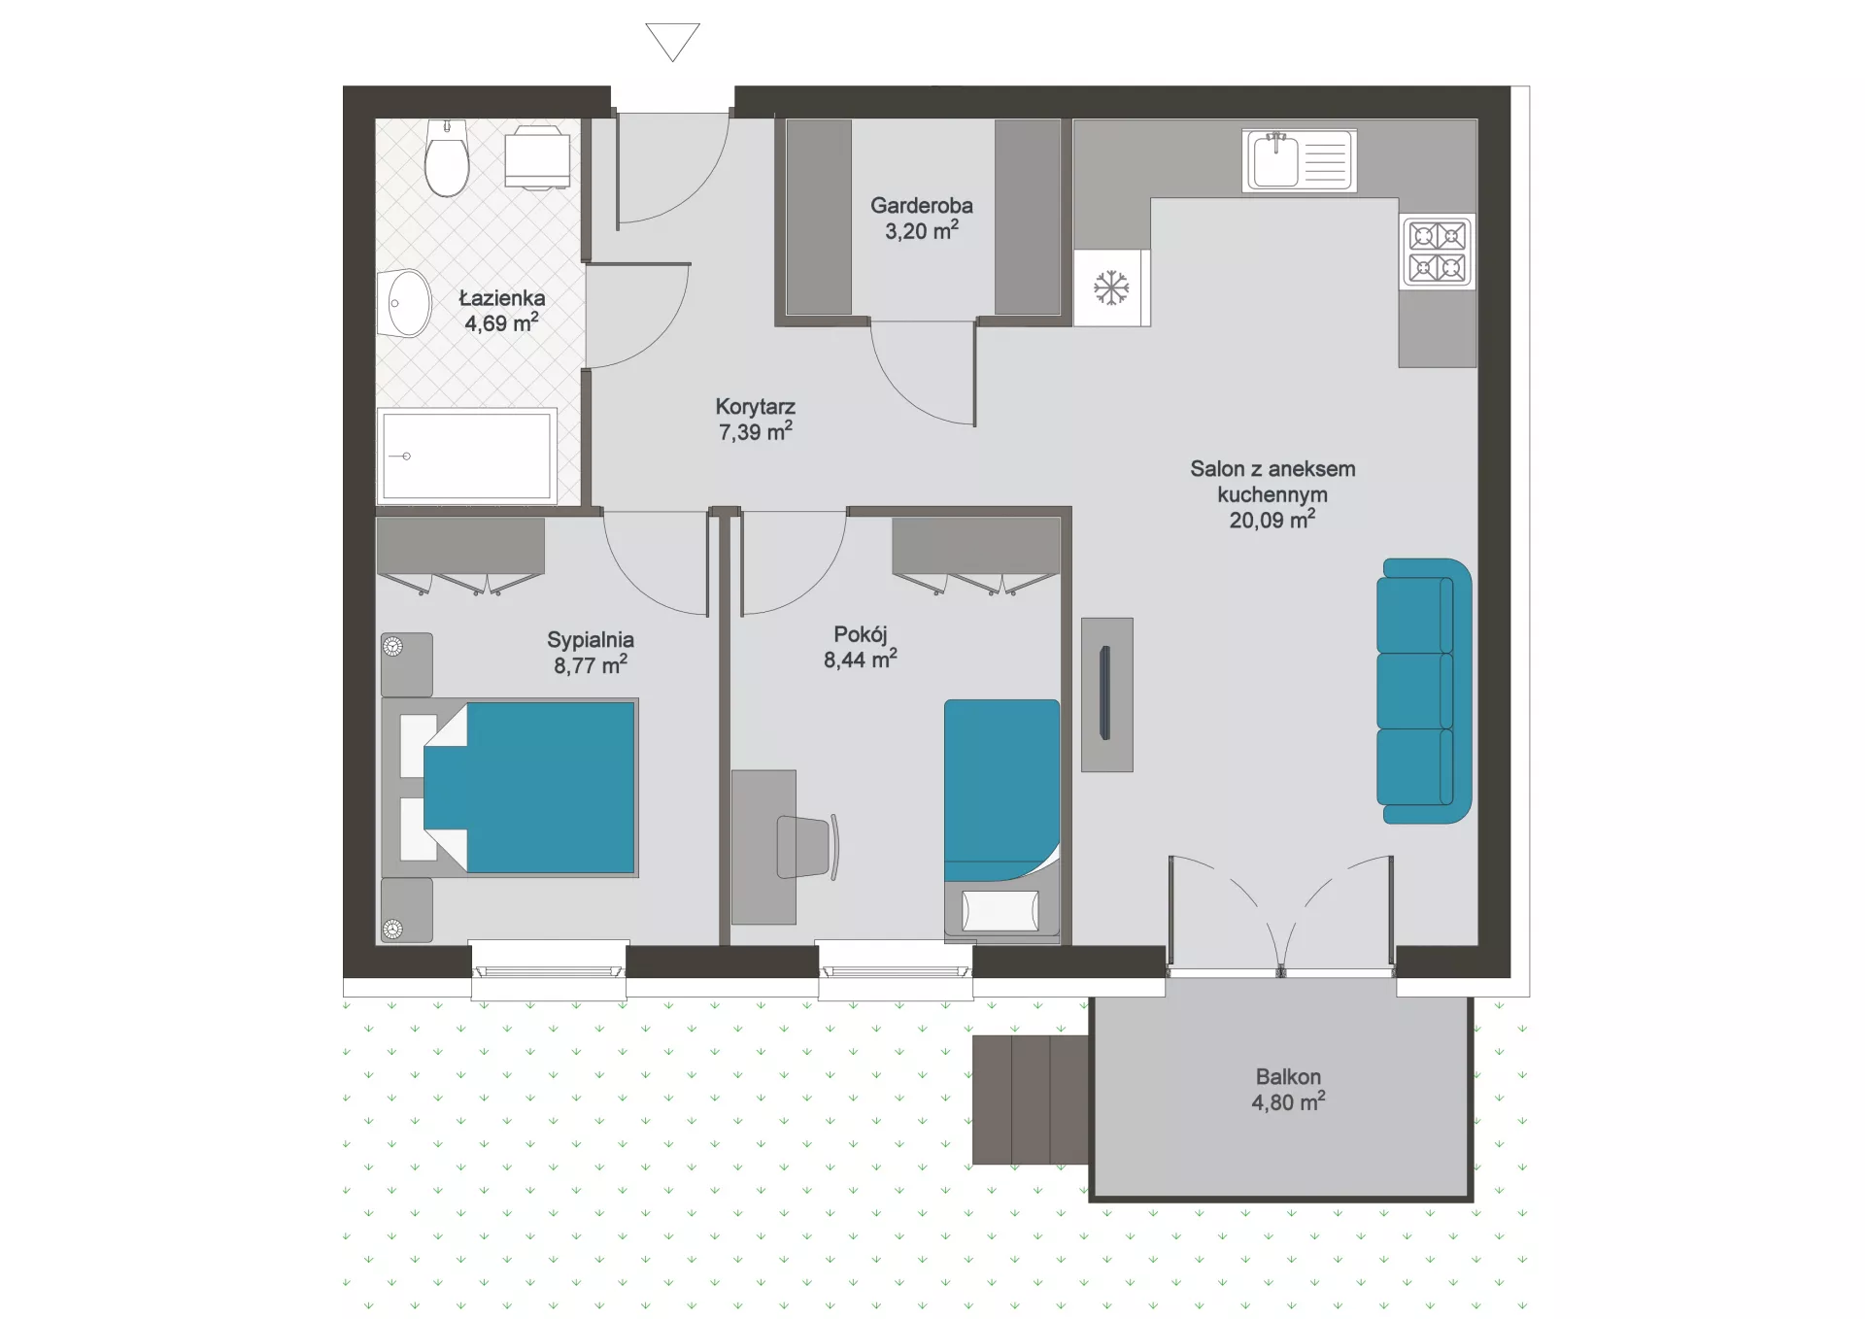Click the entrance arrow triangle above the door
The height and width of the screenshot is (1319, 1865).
pos(672,41)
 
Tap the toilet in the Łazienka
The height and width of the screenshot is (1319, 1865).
pos(447,158)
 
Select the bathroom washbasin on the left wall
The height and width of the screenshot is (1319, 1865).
pos(405,303)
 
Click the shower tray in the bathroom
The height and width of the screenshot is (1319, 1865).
pos(467,456)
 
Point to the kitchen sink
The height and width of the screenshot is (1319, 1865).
pos(1300,160)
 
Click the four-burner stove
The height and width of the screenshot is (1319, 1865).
pos(1438,251)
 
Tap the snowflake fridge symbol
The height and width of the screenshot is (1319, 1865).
pos(1111,287)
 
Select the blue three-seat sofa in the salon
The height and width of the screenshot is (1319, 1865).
pos(1424,691)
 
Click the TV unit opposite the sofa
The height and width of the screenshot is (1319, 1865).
pos(1107,694)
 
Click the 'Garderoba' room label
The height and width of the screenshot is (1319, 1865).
pos(922,205)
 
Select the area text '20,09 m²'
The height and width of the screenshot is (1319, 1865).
pos(1272,520)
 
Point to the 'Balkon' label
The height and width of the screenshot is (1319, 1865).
pos(1288,1076)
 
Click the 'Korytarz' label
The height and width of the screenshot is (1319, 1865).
pos(756,406)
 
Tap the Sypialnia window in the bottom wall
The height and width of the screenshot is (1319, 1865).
pos(549,970)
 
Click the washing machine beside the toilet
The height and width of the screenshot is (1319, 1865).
pos(537,156)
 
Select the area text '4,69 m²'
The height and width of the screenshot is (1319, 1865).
pos(501,322)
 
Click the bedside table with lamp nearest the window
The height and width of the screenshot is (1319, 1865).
pos(407,910)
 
